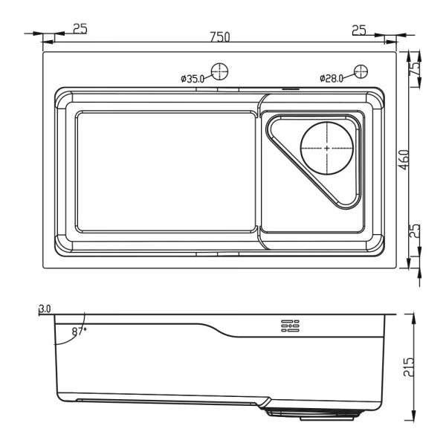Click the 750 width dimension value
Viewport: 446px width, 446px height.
pyautogui.click(x=219, y=36)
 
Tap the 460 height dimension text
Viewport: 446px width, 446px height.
pyautogui.click(x=404, y=160)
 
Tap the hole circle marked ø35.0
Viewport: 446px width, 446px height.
pyautogui.click(x=219, y=71)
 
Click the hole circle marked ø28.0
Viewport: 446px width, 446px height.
pyautogui.click(x=361, y=71)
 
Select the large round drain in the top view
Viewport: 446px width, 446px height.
pyautogui.click(x=326, y=147)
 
